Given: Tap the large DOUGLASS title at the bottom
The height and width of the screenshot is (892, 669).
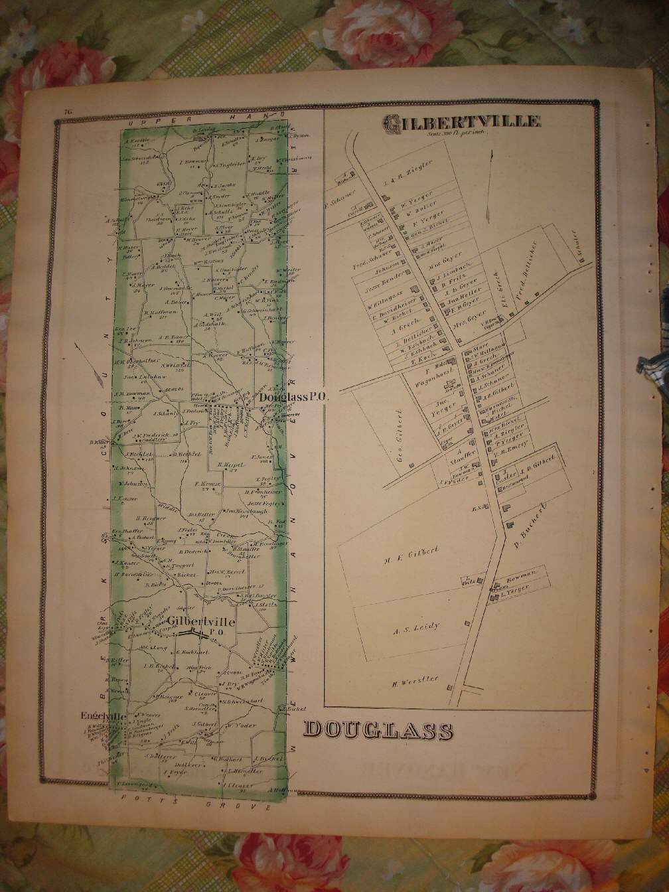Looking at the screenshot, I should click(378, 731).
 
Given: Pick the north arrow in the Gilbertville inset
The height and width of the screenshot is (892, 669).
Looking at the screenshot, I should click(488, 186).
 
